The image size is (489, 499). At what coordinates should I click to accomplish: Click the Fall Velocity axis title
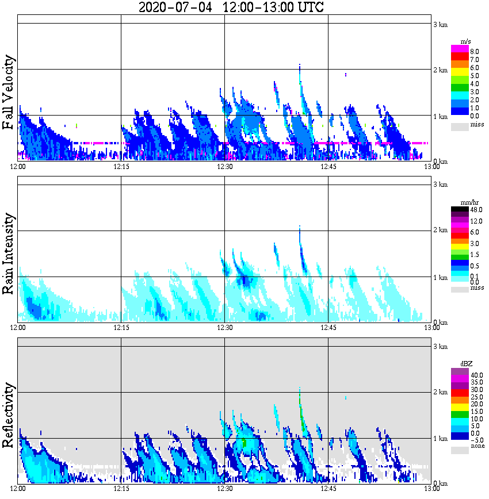click(x=8, y=93)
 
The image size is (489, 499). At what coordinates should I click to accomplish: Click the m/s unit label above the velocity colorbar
click(x=466, y=42)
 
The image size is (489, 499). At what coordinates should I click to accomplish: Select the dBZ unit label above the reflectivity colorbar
click(x=466, y=364)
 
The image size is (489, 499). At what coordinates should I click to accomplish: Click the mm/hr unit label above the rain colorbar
click(x=466, y=203)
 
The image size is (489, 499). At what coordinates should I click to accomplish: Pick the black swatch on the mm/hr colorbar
click(x=460, y=209)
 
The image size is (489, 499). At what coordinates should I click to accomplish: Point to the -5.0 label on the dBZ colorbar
click(x=477, y=440)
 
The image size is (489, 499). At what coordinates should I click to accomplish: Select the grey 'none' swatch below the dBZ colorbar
click(x=460, y=451)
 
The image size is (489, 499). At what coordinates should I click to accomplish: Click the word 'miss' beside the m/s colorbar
click(x=477, y=124)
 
